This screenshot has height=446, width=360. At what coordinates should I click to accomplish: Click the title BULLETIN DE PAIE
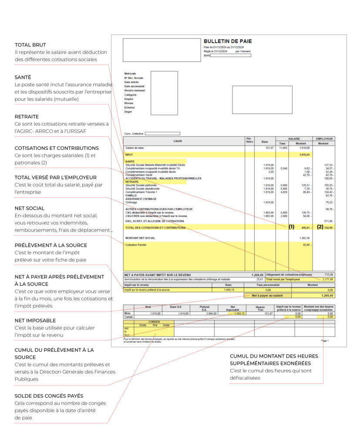click(x=227, y=41)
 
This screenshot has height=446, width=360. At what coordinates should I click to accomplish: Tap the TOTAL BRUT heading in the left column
click(x=30, y=45)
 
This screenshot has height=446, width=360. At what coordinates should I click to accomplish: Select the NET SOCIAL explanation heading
click(x=30, y=208)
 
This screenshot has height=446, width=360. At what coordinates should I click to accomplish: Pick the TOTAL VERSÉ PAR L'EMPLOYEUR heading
click(x=56, y=177)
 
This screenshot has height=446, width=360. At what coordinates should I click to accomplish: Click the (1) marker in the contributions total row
click(x=291, y=227)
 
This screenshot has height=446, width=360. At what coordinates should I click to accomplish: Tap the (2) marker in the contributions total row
click(x=320, y=227)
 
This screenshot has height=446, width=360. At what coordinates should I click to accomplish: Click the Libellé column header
click(x=178, y=141)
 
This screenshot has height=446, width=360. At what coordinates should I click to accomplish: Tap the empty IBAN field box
click(x=230, y=55)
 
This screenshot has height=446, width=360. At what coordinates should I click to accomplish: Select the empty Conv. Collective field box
click(x=162, y=133)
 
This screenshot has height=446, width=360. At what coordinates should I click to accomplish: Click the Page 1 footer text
click(x=325, y=341)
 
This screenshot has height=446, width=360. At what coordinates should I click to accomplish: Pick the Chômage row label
click(x=131, y=202)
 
